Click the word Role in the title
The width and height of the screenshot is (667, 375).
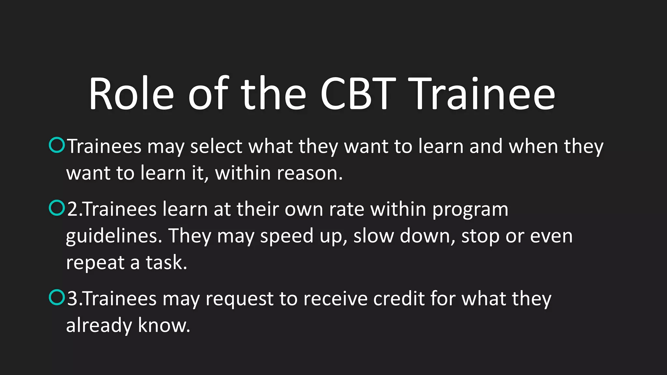point(131,94)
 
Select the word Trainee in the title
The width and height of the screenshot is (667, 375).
point(484,94)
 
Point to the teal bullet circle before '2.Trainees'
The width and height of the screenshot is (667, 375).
point(57,208)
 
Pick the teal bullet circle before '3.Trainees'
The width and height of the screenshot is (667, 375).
point(57,297)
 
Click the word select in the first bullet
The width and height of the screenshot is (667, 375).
point(216,146)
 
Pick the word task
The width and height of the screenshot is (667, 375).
point(166,263)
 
